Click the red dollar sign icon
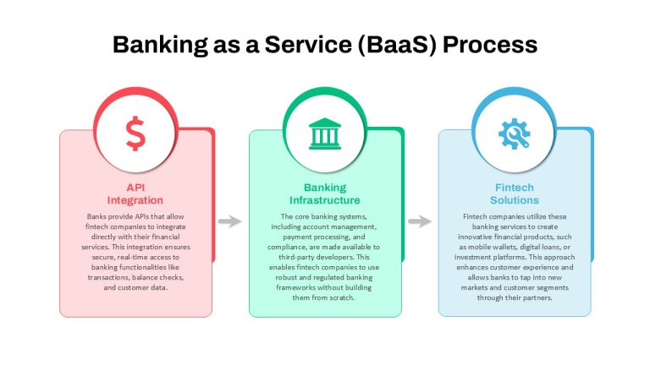135,133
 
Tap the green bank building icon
325,133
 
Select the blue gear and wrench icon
514,133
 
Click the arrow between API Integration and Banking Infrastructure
229,221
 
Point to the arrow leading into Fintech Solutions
420,221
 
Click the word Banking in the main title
160,45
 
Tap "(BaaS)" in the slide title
397,45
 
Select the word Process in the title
490,45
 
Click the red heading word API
135,188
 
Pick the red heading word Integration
135,200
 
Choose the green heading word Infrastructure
325,200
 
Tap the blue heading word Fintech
515,188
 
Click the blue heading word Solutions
515,200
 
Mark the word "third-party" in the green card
296,257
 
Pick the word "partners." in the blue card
538,297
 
